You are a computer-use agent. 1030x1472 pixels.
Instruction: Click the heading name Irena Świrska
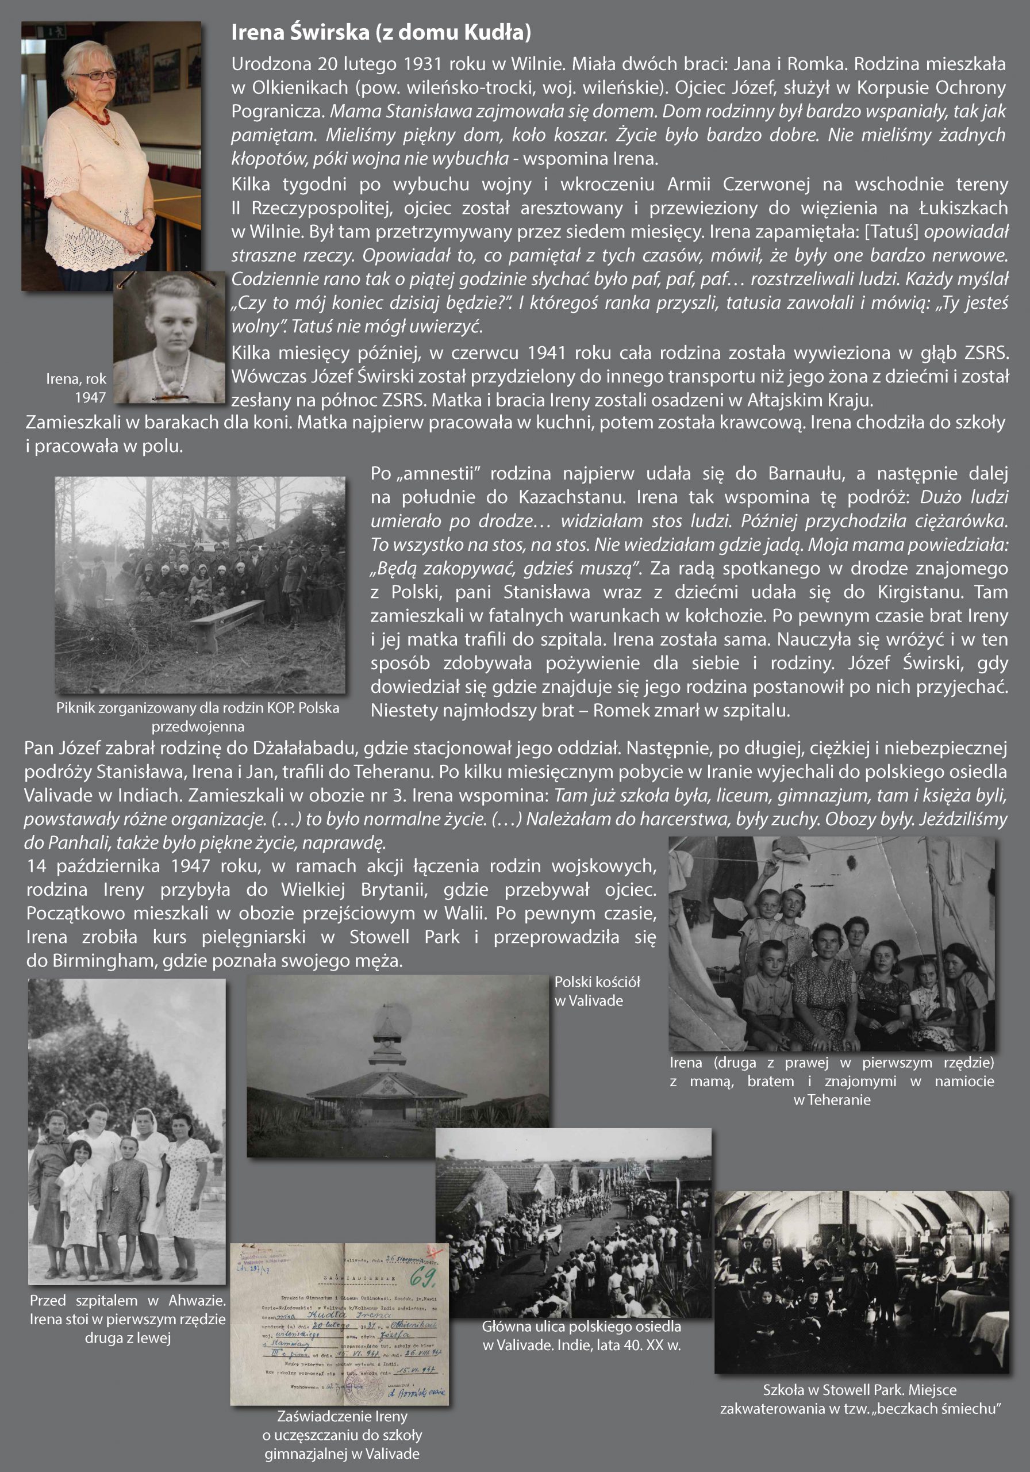pos(299,32)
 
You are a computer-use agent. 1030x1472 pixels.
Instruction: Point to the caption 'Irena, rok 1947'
pos(76,388)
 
